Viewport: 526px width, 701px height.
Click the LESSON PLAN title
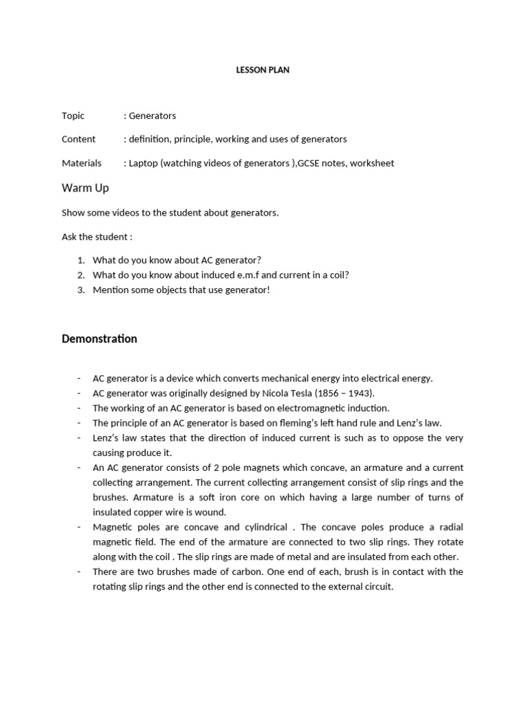262,70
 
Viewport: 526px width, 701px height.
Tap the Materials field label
82,163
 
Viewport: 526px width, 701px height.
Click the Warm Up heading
85,188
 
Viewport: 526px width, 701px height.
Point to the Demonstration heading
99,339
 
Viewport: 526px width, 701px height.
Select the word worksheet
372,163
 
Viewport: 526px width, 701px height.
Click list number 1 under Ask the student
80,260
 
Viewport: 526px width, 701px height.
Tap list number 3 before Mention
80,290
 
